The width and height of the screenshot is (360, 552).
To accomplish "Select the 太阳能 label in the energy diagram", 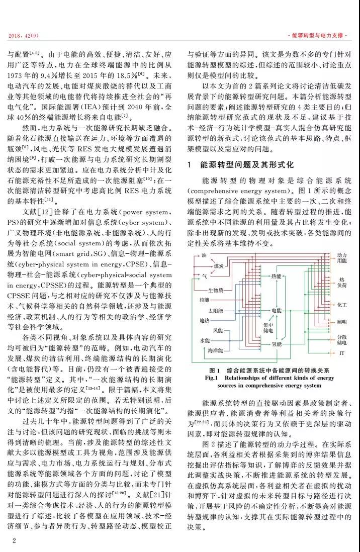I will [x=216, y=310].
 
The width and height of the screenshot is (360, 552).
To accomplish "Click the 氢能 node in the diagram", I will [x=277, y=344].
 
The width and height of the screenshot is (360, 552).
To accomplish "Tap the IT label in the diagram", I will [x=342, y=354].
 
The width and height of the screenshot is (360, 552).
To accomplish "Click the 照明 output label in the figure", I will [x=342, y=322].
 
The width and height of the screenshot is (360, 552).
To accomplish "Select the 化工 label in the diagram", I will [x=342, y=305].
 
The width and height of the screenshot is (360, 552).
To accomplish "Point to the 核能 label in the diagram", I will [x=204, y=300].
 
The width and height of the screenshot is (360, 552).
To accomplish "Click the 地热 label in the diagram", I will [x=204, y=320].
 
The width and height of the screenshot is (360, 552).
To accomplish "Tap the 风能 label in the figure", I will [x=218, y=330].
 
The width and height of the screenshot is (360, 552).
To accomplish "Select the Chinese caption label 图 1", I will [x=215, y=370].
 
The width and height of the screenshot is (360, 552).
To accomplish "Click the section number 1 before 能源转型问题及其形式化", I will [x=189, y=164].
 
